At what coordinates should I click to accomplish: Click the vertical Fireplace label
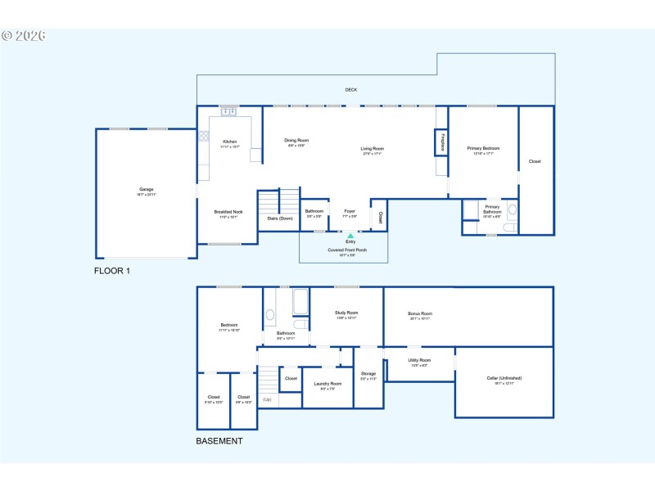pyautogui.click(x=442, y=142)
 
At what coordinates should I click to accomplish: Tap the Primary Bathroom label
pyautogui.click(x=492, y=209)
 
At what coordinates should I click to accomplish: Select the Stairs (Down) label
pyautogui.click(x=280, y=218)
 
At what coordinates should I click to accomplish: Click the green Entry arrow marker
pyautogui.click(x=350, y=236)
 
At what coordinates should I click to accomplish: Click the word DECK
pyautogui.click(x=350, y=90)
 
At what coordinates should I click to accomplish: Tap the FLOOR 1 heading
pyautogui.click(x=112, y=270)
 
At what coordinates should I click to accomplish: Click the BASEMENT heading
pyautogui.click(x=219, y=441)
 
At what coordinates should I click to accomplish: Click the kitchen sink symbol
pyautogui.click(x=228, y=110)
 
